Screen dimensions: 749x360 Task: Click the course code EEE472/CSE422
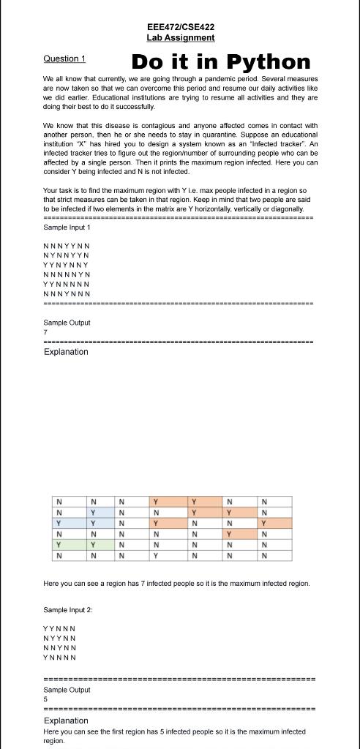tap(180, 26)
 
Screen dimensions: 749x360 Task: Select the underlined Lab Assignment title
tap(180, 37)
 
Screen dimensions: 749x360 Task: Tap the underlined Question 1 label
tap(64, 59)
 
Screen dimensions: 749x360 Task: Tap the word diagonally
tap(286, 208)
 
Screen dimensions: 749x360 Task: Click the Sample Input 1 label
tap(67, 228)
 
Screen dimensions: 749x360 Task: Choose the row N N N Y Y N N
tap(67, 246)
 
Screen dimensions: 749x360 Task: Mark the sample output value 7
tap(45, 332)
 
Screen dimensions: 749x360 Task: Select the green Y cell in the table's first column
tap(59, 545)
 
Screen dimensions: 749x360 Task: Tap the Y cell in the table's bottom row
tap(155, 556)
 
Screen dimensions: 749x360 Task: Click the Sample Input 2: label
tap(68, 609)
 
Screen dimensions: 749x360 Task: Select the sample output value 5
tap(45, 699)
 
